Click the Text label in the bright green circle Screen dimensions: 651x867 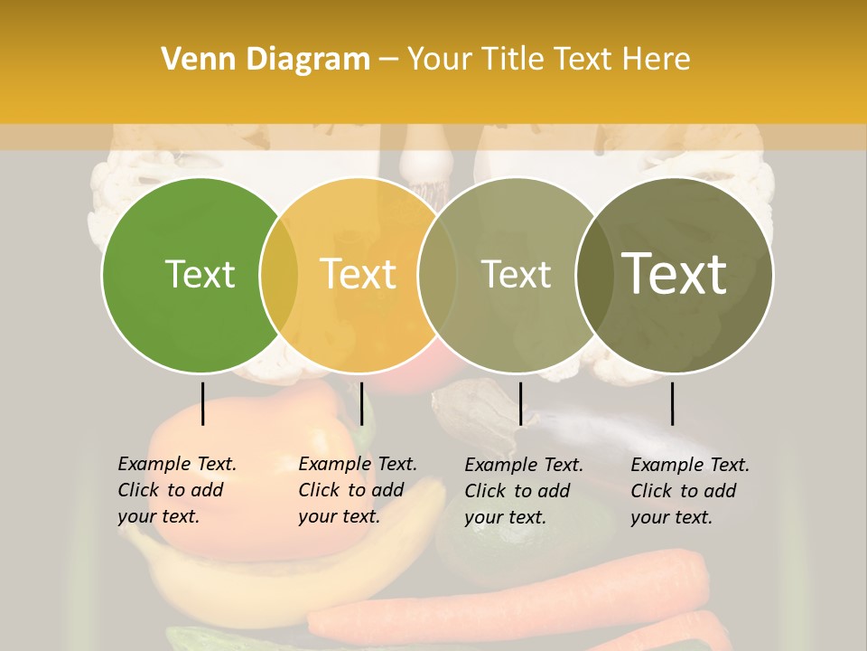tap(200, 274)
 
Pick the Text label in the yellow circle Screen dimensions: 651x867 tap(359, 274)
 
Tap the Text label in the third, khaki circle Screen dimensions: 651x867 tap(516, 274)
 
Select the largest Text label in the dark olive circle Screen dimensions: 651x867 tap(675, 274)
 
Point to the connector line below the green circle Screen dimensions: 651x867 tap(203, 403)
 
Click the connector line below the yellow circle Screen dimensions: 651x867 tap(361, 403)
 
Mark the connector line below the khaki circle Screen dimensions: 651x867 tap(520, 403)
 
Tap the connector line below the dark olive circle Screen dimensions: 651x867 tap(672, 403)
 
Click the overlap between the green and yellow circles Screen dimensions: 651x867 tap(279, 274)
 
